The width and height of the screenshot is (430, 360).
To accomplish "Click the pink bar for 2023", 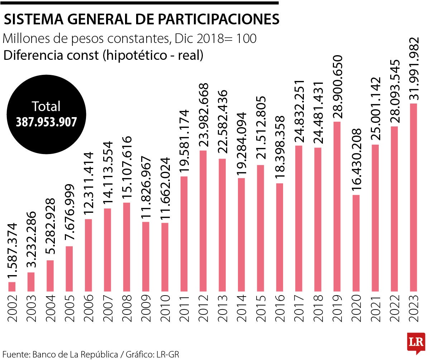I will [x=413, y=197].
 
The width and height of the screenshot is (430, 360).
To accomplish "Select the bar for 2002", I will [x=12, y=287].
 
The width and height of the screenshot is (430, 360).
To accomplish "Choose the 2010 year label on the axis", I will [x=165, y=308].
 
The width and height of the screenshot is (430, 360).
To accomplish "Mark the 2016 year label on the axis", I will [x=280, y=308].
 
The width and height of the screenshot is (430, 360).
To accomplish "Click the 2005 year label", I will [x=70, y=308].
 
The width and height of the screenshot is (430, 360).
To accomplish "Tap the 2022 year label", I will [x=395, y=308].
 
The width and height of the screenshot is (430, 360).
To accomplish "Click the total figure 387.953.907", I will [x=46, y=122].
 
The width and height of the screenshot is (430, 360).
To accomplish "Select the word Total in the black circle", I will [x=46, y=106].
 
